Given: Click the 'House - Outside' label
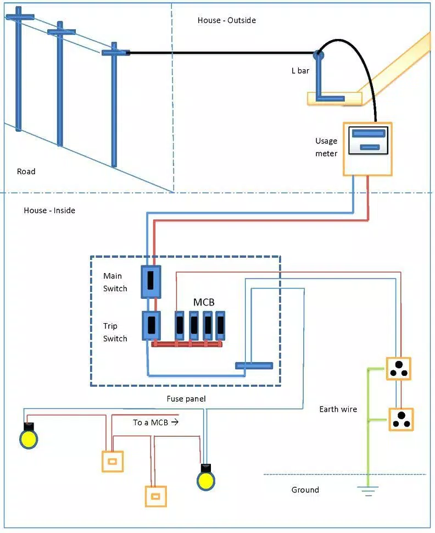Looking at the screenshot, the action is [x=227, y=20].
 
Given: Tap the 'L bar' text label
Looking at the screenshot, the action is [x=300, y=71].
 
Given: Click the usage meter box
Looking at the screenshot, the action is [x=367, y=149].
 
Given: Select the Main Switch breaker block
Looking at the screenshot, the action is [x=151, y=282].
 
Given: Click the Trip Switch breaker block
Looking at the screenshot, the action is [x=151, y=326].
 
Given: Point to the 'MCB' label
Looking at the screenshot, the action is [x=204, y=302].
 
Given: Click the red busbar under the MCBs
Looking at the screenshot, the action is [x=187, y=345].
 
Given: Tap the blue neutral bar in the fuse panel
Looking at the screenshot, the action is [x=254, y=366].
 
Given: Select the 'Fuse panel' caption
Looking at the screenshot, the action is [x=186, y=399].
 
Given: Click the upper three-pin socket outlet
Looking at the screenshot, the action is [x=399, y=369].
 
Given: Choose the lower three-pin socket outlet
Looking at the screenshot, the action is [x=401, y=419].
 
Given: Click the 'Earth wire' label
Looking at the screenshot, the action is [x=338, y=409].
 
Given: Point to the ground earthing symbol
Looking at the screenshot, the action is [x=367, y=491].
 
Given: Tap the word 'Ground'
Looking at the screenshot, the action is [x=305, y=490].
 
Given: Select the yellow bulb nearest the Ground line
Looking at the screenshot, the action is [x=206, y=478].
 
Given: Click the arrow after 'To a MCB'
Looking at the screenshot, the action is [x=175, y=422].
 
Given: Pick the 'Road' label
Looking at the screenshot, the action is [x=26, y=171].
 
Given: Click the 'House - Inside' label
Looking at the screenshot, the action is [x=49, y=210].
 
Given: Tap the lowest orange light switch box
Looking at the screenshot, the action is [x=155, y=497].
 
